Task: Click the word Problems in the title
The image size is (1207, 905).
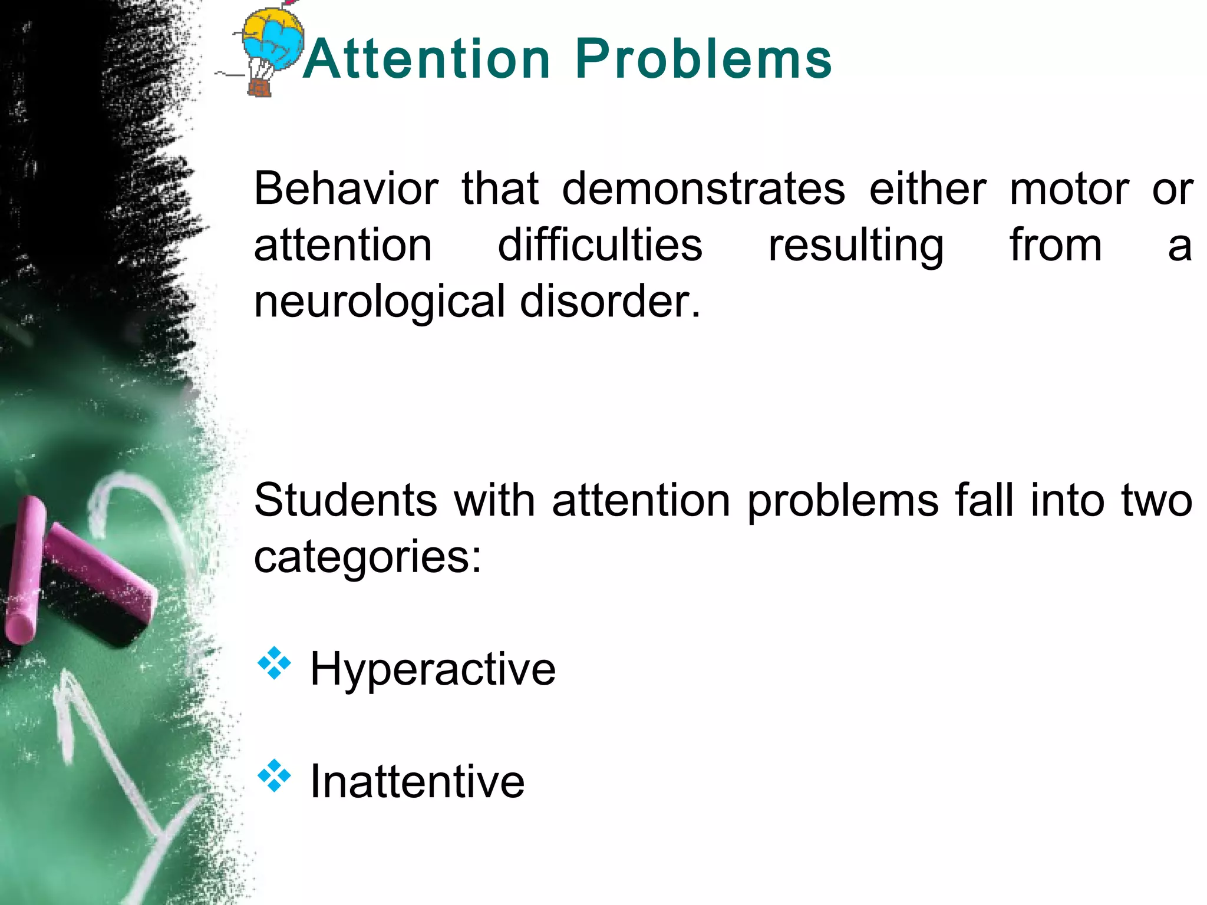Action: (x=703, y=59)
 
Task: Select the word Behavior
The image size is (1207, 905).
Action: (x=347, y=189)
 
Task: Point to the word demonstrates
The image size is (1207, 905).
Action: (x=704, y=189)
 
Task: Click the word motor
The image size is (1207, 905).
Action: (x=1069, y=189)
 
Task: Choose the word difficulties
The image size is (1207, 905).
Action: (x=600, y=245)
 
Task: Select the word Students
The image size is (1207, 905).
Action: (x=346, y=500)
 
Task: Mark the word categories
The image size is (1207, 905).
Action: (x=367, y=557)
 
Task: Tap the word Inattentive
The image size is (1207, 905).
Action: (x=417, y=781)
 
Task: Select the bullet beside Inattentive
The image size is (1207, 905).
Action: (x=274, y=775)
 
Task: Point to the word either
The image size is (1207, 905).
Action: (x=927, y=189)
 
